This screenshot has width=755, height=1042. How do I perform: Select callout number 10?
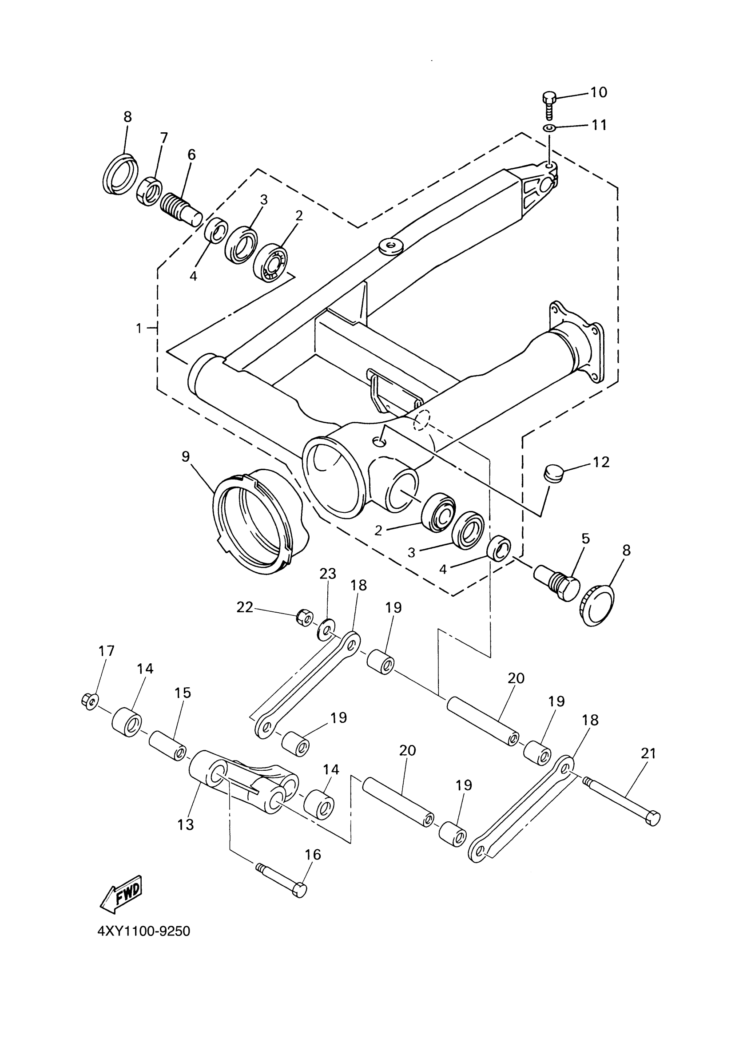598,92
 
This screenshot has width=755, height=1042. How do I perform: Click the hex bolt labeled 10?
549,104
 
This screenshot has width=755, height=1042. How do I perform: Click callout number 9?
185,456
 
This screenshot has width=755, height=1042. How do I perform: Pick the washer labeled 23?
326,630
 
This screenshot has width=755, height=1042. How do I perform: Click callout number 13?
186,825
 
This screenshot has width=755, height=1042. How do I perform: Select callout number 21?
648,753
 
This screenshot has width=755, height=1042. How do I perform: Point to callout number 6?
191,155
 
